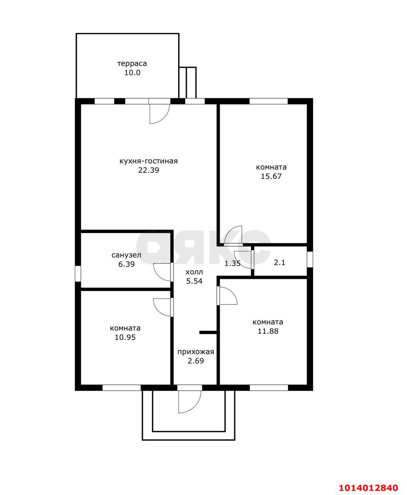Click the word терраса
(132, 63)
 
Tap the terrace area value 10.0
(132, 73)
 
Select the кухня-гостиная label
(148, 161)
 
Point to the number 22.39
(148, 170)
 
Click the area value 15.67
(271, 176)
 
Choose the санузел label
(126, 255)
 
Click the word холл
(194, 272)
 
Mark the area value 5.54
(194, 281)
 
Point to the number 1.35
(233, 264)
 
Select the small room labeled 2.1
(279, 263)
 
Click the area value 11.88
(267, 331)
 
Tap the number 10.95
(125, 337)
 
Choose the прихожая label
(196, 352)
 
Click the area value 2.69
(196, 361)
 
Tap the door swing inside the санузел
(162, 272)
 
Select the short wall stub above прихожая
(208, 332)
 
